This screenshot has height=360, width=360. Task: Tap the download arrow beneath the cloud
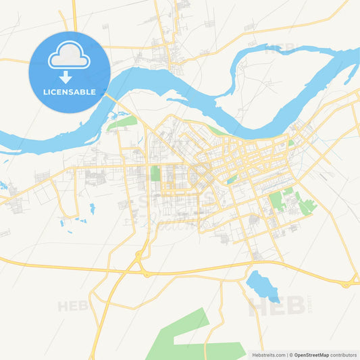click(x=66, y=77)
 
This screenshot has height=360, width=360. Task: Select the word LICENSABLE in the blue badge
click(x=69, y=92)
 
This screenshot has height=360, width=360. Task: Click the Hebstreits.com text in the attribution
click(x=269, y=354)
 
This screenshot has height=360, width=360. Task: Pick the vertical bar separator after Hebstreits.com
click(x=287, y=354)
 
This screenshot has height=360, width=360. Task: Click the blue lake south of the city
click(x=263, y=285)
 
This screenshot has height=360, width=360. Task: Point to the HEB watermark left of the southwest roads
click(x=73, y=306)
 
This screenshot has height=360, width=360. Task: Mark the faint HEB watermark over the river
click(x=280, y=49)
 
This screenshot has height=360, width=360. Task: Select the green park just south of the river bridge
click(x=122, y=122)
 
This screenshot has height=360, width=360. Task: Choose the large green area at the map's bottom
click(x=190, y=338)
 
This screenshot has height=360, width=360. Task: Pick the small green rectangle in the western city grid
click(x=155, y=174)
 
